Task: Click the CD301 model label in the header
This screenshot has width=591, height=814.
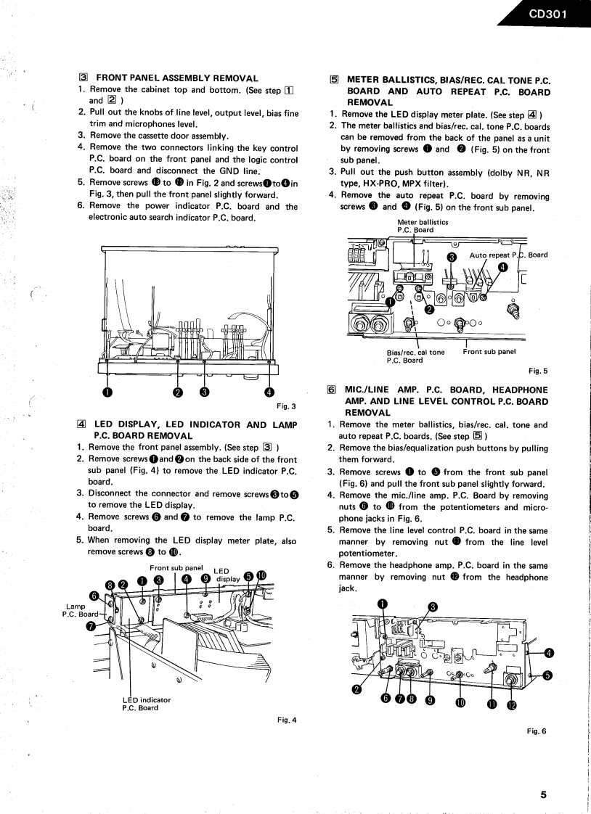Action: click(x=547, y=13)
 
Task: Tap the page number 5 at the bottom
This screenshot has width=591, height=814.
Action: click(x=543, y=794)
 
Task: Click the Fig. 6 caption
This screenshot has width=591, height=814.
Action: click(x=537, y=731)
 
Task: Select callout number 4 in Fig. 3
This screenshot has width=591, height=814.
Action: click(x=270, y=392)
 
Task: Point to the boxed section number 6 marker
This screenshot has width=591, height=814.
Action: click(x=332, y=390)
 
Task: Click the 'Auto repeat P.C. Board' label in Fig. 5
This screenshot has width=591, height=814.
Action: click(x=508, y=255)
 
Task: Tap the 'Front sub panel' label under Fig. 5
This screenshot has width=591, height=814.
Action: click(x=489, y=352)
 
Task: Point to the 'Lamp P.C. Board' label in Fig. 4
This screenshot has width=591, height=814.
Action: click(x=80, y=611)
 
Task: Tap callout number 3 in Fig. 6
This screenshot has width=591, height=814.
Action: click(x=433, y=607)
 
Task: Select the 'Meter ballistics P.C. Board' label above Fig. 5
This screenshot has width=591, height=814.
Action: click(x=423, y=226)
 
